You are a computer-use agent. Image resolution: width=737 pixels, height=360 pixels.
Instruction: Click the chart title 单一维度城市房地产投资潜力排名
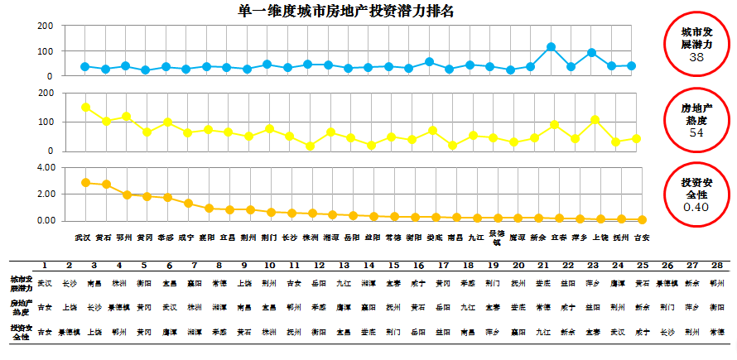pos(346,11)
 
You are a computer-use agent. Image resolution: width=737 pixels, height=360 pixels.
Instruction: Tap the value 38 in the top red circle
pos(696,57)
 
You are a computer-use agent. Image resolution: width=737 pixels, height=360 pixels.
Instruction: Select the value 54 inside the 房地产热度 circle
pos(696,132)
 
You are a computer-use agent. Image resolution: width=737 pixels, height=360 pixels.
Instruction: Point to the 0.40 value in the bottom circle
pos(696,207)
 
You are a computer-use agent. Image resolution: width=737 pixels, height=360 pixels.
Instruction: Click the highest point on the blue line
pos(551,47)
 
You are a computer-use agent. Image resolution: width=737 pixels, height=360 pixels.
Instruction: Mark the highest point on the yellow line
pos(85,107)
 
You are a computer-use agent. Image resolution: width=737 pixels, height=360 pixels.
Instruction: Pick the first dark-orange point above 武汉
pos(85,182)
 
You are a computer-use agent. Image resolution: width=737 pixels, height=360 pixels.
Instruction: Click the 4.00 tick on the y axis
pos(46,167)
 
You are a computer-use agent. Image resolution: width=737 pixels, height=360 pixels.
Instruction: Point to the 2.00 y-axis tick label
pos(46,194)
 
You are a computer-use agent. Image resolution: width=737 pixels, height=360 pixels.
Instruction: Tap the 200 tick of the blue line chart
pos(46,26)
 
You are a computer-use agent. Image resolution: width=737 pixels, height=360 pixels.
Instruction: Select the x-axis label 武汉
pos(82,237)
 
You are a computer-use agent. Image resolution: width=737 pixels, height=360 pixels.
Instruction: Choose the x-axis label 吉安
pos(641,237)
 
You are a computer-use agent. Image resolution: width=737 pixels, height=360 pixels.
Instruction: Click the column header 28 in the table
pos(717,266)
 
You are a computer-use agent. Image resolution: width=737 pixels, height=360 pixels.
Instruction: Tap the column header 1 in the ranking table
pos(43,266)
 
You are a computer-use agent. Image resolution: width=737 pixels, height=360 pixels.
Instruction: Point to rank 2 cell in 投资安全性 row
pos(69,331)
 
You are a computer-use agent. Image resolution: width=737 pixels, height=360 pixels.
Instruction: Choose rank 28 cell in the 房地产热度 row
pos(717,306)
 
